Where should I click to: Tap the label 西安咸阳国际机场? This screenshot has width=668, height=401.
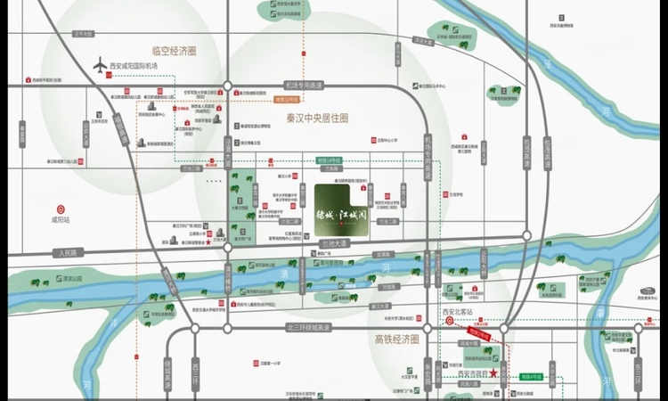point(134,67)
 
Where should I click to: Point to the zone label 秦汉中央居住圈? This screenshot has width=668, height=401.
point(316,118)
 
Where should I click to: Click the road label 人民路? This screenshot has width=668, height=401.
point(65,253)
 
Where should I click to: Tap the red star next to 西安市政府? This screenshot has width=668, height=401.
point(493,375)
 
